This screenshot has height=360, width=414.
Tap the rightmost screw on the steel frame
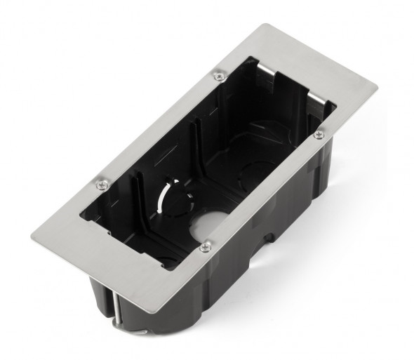(319, 133)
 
